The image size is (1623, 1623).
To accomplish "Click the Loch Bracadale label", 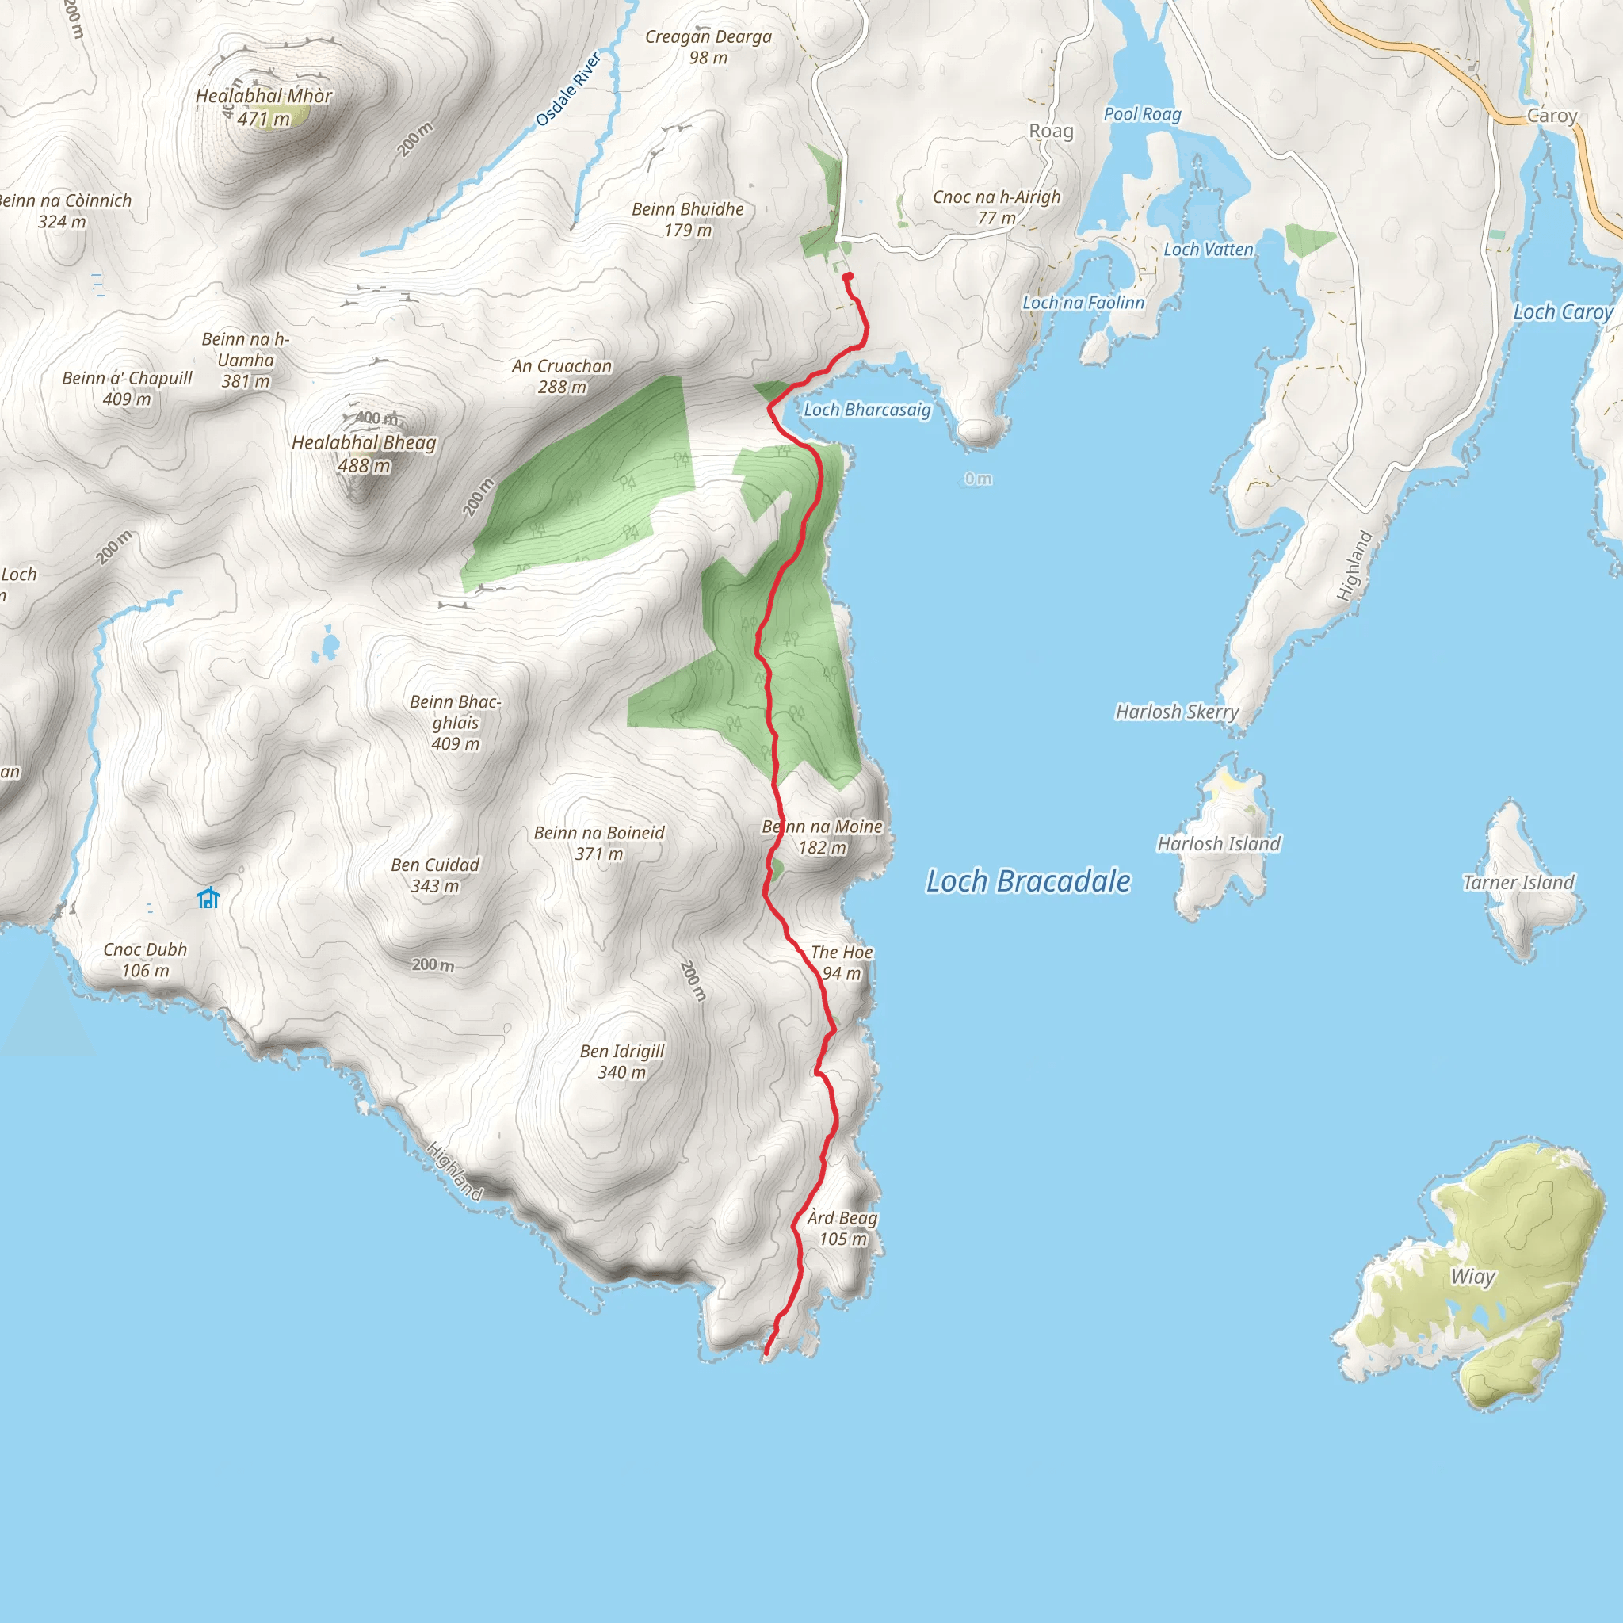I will pyautogui.click(x=1027, y=881).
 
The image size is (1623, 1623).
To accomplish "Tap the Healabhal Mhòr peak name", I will pyautogui.click(x=264, y=97).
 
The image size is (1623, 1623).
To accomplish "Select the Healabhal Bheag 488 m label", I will pyautogui.click(x=364, y=453).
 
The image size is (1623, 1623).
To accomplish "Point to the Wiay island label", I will pyautogui.click(x=1472, y=1277).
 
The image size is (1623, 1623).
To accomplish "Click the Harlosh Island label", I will pyautogui.click(x=1219, y=843).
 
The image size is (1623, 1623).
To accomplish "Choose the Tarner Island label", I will pyautogui.click(x=1518, y=882).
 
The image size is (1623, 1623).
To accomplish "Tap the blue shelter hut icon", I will pyautogui.click(x=208, y=898).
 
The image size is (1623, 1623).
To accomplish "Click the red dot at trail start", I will pyautogui.click(x=848, y=277).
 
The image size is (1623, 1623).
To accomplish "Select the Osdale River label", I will pyautogui.click(x=569, y=90).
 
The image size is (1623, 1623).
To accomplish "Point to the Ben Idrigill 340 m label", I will pyautogui.click(x=621, y=1061).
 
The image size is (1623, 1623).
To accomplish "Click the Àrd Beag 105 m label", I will pyautogui.click(x=842, y=1228).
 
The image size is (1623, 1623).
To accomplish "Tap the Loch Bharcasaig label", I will pyautogui.click(x=867, y=410).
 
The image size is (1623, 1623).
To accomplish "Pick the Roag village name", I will pyautogui.click(x=1051, y=131).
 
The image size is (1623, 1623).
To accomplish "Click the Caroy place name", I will pyautogui.click(x=1552, y=116).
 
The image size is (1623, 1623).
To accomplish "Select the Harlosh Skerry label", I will pyautogui.click(x=1176, y=712).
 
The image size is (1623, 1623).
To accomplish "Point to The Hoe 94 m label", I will pyautogui.click(x=842, y=962).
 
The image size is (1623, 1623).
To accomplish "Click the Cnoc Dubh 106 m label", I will pyautogui.click(x=145, y=960).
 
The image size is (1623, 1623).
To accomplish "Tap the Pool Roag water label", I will pyautogui.click(x=1142, y=114).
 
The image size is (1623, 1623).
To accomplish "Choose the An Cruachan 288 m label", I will pyautogui.click(x=562, y=376).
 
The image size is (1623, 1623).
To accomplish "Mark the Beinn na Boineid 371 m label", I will pyautogui.click(x=599, y=842).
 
